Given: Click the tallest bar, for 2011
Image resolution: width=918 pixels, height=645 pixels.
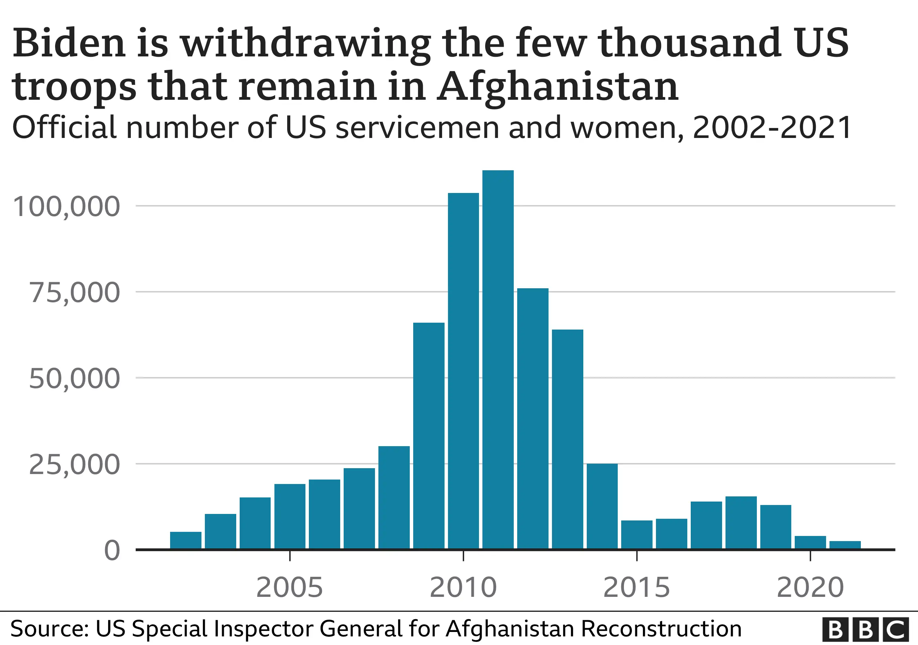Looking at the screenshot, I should tap(498, 359).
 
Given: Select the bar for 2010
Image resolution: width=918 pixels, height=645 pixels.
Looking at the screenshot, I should tap(463, 372).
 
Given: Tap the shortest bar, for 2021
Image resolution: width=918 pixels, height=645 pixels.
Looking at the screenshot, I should tap(845, 545).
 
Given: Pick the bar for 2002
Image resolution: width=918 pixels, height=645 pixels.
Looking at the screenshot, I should tap(186, 540).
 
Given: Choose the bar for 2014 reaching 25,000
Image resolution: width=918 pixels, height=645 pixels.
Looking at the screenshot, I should tap(602, 506).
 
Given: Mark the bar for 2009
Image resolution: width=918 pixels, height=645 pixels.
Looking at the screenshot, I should tap(429, 435).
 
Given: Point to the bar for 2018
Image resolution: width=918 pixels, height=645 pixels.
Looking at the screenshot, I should tap(741, 523).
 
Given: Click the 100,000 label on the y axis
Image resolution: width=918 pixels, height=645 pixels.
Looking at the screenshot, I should tap(66, 207).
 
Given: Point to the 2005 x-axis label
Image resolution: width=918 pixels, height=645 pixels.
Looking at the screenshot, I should tap(290, 588).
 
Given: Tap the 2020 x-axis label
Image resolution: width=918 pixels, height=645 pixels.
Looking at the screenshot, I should tap(810, 588).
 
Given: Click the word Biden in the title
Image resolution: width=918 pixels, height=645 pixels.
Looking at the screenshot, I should tap(69, 43).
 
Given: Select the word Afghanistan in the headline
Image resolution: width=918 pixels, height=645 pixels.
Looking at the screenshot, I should tap(558, 87).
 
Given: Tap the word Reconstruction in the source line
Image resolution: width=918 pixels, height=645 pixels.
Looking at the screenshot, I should tap(661, 628).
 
